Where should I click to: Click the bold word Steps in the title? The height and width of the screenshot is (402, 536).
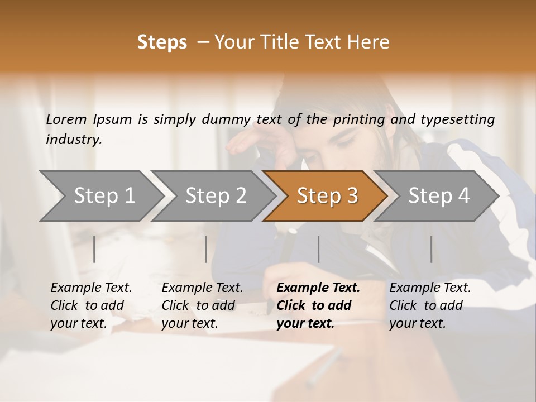coord(162,42)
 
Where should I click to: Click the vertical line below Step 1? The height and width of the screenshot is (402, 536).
coord(94,249)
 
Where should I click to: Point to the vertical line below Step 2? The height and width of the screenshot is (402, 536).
coord(206,249)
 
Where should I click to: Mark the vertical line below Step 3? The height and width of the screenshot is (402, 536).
coord(318,249)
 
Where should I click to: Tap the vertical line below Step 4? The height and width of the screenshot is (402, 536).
coord(431,249)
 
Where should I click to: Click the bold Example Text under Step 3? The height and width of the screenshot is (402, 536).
coord(318,288)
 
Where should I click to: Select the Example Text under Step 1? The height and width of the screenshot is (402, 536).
coord(91,288)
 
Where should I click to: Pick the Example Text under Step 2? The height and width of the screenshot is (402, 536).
coord(202,288)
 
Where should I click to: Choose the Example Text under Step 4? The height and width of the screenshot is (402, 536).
coord(430,288)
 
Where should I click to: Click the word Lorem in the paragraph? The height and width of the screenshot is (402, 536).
coord(66,119)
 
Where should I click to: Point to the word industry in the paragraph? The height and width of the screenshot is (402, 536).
coord(74,140)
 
